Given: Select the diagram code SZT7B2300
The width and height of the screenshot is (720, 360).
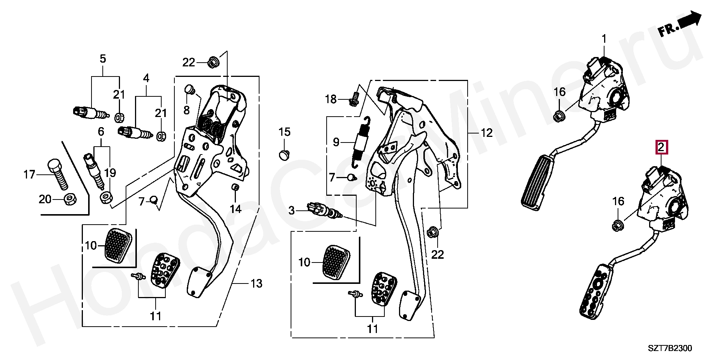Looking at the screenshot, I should pyautogui.click(x=670, y=348).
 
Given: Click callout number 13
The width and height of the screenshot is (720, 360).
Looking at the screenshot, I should pyautogui.click(x=256, y=284).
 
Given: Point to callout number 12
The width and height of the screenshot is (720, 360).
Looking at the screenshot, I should pyautogui.click(x=486, y=133).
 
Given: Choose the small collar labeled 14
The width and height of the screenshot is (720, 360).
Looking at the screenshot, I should pyautogui.click(x=235, y=187).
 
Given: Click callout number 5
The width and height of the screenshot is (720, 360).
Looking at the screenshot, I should pyautogui.click(x=102, y=59).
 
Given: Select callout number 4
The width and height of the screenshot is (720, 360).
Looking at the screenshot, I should pyautogui.click(x=146, y=78).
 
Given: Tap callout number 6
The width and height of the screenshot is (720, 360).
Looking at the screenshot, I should pyautogui.click(x=101, y=132).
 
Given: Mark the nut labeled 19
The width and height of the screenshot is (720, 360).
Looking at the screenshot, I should pyautogui.click(x=105, y=197).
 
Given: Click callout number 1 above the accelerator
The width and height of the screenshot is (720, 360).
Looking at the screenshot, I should pyautogui.click(x=604, y=39).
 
